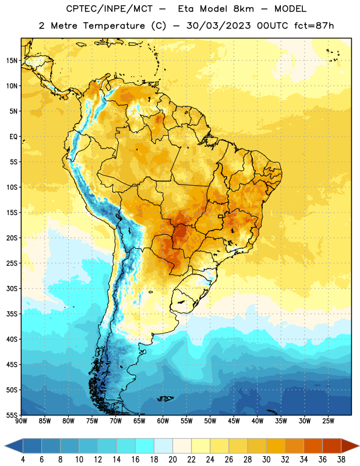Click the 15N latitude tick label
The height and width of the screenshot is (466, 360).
click(x=12, y=61)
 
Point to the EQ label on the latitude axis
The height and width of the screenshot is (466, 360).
click(x=13, y=137)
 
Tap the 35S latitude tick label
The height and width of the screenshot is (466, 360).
click(x=12, y=314)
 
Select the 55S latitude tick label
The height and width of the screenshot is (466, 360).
click(x=12, y=415)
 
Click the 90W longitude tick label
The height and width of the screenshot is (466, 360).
click(x=21, y=421)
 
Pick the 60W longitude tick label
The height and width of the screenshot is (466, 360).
click(x=163, y=421)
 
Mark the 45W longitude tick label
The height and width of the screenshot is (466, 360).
click(x=234, y=421)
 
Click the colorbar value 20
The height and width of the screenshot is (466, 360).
click(x=172, y=460)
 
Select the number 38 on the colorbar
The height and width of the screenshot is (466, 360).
click(x=341, y=460)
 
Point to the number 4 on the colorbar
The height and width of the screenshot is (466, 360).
click(x=23, y=460)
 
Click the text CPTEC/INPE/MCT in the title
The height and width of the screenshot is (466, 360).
click(x=110, y=9)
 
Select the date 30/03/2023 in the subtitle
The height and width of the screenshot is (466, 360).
click(x=218, y=26)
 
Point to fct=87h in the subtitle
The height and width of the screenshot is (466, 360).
click(x=314, y=26)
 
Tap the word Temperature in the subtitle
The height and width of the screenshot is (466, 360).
click(x=114, y=26)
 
